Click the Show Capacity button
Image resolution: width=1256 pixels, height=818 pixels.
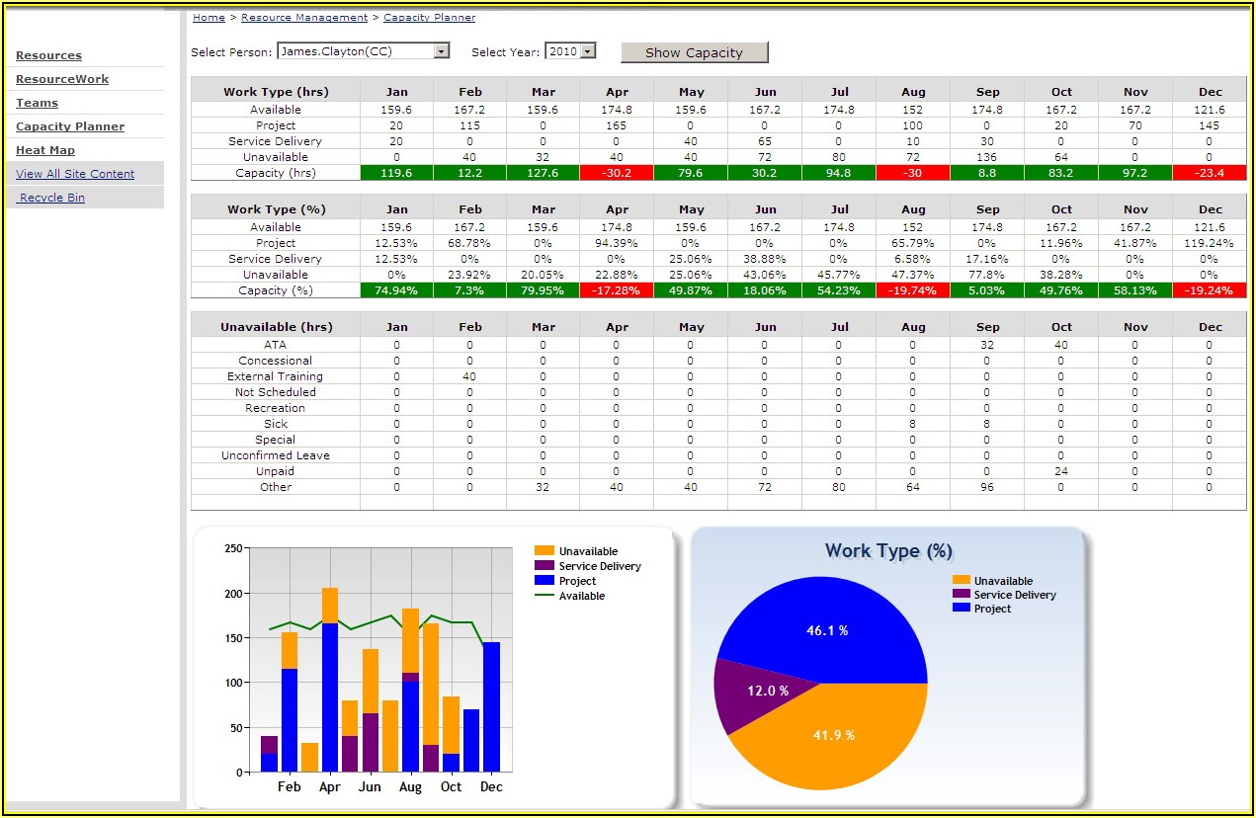point(694,52)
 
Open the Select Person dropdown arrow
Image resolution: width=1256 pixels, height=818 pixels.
point(442,51)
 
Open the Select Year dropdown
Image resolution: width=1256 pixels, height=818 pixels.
point(588,51)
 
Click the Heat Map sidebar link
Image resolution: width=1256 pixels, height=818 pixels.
point(45,150)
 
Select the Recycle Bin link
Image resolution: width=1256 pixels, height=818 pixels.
point(52,198)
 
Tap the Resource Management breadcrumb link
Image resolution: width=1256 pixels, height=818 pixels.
point(304,18)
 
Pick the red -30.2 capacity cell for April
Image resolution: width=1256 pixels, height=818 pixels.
point(617,173)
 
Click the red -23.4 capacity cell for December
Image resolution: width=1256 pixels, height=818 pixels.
point(1210,173)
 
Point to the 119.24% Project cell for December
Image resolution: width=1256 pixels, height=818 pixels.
point(1210,243)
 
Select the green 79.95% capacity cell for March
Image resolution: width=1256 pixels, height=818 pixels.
point(543,290)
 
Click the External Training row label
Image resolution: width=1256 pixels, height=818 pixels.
point(275,376)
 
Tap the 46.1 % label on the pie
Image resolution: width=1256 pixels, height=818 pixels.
point(827,630)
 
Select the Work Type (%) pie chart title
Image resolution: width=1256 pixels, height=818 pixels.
point(888,551)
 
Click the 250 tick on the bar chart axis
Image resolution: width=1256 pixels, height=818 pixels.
point(233,548)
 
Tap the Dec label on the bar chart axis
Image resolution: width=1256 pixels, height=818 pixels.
point(491,787)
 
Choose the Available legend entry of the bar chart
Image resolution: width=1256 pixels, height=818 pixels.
point(581,596)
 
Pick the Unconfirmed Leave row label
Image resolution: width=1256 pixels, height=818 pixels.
point(275,455)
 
